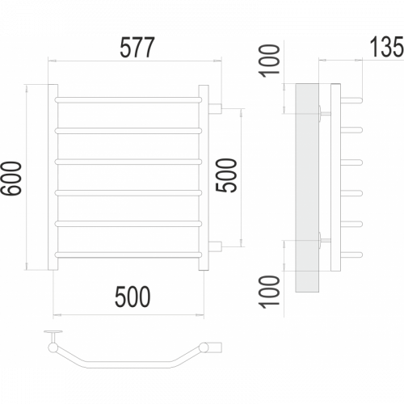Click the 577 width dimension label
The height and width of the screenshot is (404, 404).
[137, 48]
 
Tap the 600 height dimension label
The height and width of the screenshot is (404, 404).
[11, 179]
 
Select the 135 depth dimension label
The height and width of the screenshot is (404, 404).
[387, 47]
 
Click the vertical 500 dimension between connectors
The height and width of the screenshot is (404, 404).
[226, 175]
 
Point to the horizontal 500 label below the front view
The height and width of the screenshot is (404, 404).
[133, 297]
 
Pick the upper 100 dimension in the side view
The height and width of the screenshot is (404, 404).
[269, 61]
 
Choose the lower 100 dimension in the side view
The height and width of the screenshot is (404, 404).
[269, 292]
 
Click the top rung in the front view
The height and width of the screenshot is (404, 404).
[128, 99]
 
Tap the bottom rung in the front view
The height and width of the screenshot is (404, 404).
[128, 255]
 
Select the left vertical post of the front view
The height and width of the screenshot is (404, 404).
[53, 177]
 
